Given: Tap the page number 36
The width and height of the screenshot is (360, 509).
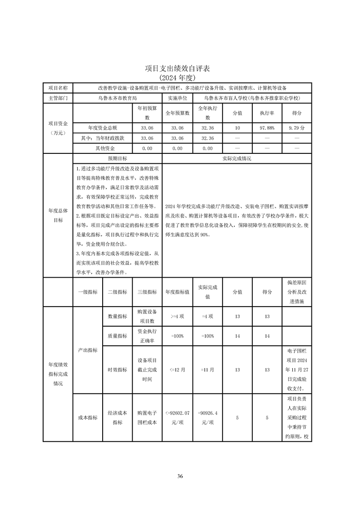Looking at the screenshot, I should coord(180,476).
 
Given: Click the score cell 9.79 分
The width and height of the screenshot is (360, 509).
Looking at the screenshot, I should coord(297,128).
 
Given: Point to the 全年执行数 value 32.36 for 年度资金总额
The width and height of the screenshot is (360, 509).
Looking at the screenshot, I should coord(207,128).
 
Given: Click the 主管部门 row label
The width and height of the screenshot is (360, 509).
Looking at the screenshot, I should coord(58,98).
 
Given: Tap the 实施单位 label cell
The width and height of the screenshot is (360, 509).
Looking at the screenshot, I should coord(178,98).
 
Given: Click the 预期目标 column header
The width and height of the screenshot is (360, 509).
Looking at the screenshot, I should coord(117,159).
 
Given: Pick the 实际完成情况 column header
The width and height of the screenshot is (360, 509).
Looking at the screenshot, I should coord(237,159).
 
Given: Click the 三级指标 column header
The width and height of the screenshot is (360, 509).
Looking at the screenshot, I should coord(147,292).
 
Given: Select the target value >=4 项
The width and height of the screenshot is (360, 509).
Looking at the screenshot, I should coord(178,316).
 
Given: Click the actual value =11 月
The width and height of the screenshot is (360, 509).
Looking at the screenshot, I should coord(207,370).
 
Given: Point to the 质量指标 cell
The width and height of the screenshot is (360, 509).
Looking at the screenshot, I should coord(117,336).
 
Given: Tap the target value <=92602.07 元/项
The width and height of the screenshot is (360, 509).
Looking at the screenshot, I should coord(178,417).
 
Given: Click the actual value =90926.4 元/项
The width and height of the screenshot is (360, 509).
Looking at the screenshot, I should coord(207,417).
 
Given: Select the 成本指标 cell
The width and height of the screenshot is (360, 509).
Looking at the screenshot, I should coord(88,418).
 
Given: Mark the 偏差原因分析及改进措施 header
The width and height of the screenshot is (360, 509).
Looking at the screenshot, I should coord(297,292).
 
